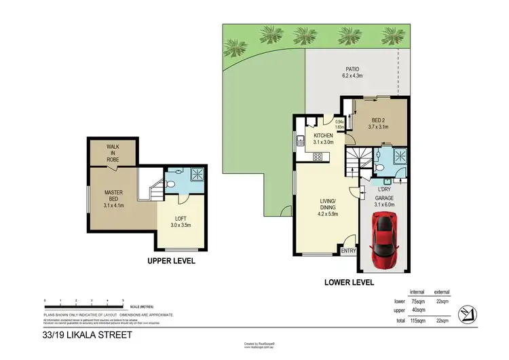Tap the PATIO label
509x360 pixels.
pyautogui.click(x=351, y=69)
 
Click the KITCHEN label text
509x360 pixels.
pyautogui.click(x=322, y=137)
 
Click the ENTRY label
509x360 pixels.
pyautogui.click(x=348, y=251)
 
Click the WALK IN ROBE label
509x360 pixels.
pyautogui.click(x=113, y=153)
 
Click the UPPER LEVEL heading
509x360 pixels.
pyautogui.click(x=172, y=261)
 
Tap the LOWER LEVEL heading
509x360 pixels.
pyautogui.click(x=348, y=281)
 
